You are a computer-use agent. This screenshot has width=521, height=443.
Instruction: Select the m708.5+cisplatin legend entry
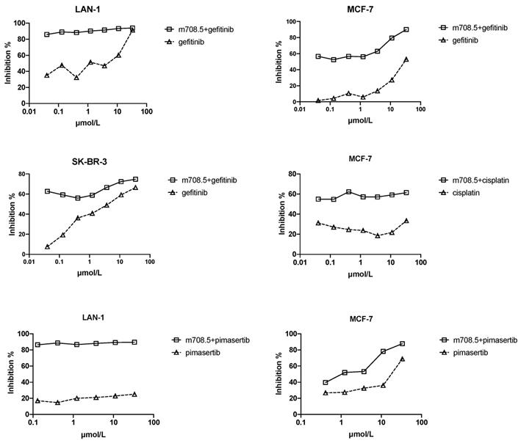click(x=482, y=180)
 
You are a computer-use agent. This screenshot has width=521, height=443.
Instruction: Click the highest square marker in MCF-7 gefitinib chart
click(x=406, y=29)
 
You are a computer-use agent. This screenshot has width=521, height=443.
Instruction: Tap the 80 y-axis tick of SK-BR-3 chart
click(x=21, y=175)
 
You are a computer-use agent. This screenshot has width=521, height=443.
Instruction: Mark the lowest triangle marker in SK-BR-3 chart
click(x=47, y=246)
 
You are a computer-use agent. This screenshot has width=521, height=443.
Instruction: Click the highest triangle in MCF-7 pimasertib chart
click(x=403, y=359)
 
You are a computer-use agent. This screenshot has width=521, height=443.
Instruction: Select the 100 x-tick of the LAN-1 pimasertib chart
click(x=154, y=424)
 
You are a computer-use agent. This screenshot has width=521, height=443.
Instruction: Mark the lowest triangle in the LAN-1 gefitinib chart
click(x=76, y=77)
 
